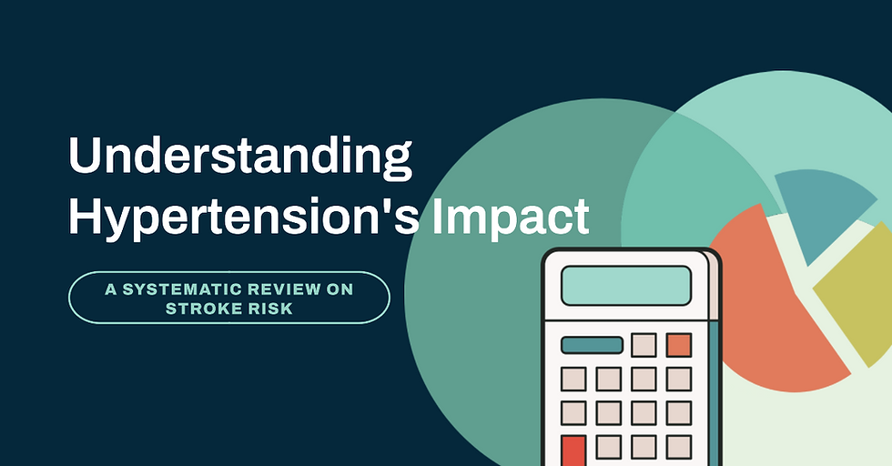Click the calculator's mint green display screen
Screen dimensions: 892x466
[626, 286]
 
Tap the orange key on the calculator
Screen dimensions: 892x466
[679, 345]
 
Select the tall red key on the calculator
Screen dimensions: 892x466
[573, 451]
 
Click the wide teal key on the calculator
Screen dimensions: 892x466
[592, 345]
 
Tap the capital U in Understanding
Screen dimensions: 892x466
[84, 155]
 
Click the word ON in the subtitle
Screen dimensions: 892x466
[340, 289]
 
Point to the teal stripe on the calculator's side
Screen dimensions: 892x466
[714, 392]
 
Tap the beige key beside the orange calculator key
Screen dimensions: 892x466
[644, 345]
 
